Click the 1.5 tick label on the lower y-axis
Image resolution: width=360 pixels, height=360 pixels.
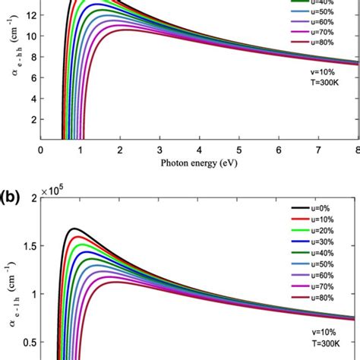coord(28,246)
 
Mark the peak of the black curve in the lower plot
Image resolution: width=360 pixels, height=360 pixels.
coord(74,229)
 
